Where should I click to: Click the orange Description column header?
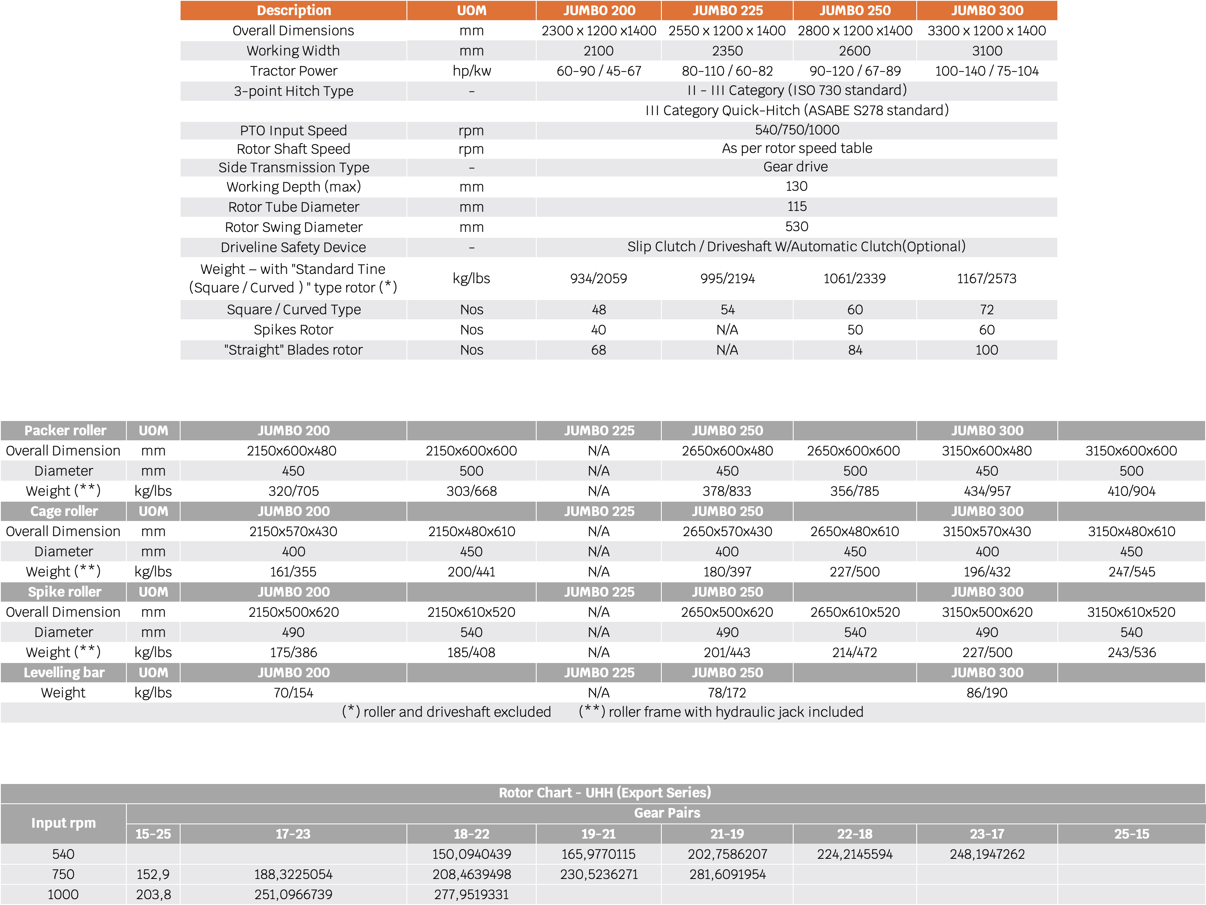coord(294,11)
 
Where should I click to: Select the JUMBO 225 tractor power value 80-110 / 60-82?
coord(727,71)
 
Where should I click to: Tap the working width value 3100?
coord(986,51)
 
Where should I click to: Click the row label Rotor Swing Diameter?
coord(294,227)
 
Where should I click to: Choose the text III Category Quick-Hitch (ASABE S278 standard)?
coord(797,110)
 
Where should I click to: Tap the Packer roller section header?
coord(65,430)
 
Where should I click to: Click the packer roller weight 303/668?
coord(471,491)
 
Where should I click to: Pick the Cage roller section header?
coord(64,511)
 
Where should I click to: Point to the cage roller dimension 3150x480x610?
coord(1131,531)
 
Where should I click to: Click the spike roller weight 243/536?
coord(1131,652)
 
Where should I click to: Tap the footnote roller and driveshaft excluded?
coord(446,712)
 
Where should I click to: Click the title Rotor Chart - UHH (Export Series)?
coord(604,793)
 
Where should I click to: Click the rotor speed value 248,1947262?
coord(987,854)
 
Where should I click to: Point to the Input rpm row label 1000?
coord(63,894)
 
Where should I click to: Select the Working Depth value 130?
coord(796,187)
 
